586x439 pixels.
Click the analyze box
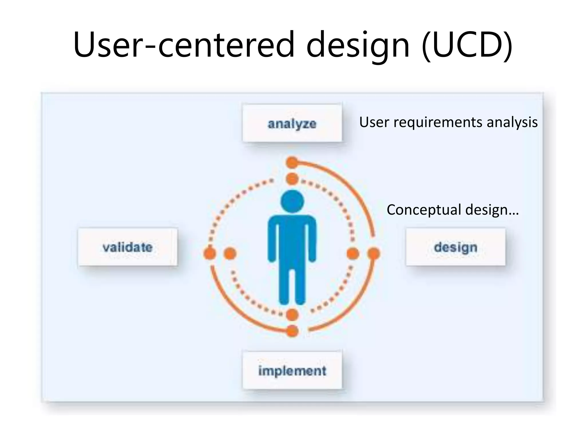(x=292, y=123)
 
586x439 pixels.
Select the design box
(x=456, y=247)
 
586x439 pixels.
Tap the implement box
(x=292, y=370)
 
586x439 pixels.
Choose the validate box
(x=128, y=247)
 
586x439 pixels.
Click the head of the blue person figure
(x=292, y=201)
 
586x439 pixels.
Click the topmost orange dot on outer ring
(x=292, y=163)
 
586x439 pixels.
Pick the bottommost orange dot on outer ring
(x=292, y=331)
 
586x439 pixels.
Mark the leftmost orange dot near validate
(x=210, y=254)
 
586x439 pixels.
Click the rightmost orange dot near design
(x=373, y=254)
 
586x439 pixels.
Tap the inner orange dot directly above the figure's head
(x=292, y=179)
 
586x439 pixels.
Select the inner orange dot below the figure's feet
(x=292, y=315)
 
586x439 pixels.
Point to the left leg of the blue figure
(x=284, y=286)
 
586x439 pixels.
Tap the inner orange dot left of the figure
(x=230, y=254)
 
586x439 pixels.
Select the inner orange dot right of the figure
(x=353, y=254)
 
